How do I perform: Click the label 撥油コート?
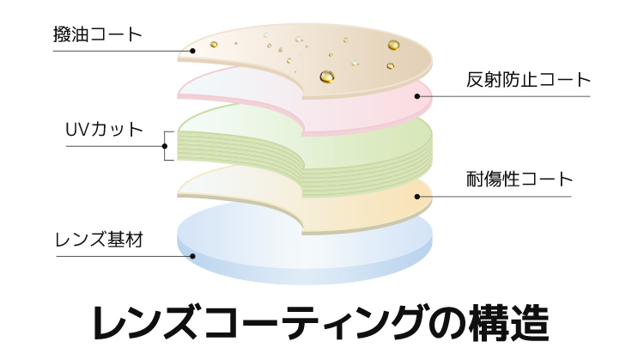pyautogui.click(x=97, y=35)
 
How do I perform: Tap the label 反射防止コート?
pyautogui.click(x=529, y=80)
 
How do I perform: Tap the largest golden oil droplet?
pyautogui.click(x=326, y=76)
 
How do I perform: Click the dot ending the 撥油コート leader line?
pyautogui.click(x=193, y=51)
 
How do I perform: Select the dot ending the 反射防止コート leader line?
pyautogui.click(x=418, y=95)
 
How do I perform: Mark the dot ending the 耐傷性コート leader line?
pyautogui.click(x=418, y=196)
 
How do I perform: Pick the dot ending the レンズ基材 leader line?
pyautogui.click(x=193, y=254)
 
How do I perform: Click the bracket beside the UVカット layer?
pyautogui.click(x=167, y=146)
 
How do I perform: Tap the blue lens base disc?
pyautogui.click(x=258, y=249)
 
